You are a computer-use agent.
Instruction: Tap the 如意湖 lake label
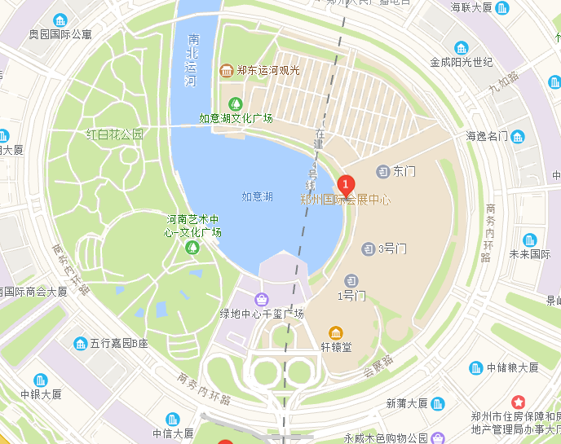tap(257, 196)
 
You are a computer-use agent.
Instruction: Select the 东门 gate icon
tap(382, 171)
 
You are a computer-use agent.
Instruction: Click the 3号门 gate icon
tap(368, 248)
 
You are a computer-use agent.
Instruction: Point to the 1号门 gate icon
tap(351, 280)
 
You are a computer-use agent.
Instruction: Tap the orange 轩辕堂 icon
tap(335, 332)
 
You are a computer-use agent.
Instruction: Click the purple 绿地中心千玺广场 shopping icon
tap(261, 299)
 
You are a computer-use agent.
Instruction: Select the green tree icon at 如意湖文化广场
tap(236, 103)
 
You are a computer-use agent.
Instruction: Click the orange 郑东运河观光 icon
tap(226, 70)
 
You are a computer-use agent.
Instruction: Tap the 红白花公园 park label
tap(115, 134)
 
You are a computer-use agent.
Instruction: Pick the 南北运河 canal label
tap(192, 60)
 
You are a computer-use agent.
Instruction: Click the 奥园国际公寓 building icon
tap(60, 20)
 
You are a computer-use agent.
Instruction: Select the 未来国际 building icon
tap(530, 240)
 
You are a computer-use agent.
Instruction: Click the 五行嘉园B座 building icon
tap(80, 344)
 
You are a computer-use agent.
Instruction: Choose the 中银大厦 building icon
tap(41, 380)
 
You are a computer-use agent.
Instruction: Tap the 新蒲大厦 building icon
tap(438, 403)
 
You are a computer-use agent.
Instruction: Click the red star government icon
tap(518, 402)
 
